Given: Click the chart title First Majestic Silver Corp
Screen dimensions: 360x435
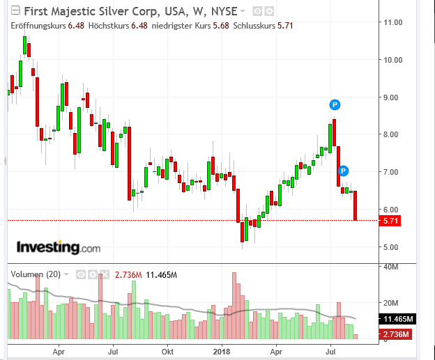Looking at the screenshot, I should (98, 11).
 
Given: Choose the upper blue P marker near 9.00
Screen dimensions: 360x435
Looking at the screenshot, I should (335, 105).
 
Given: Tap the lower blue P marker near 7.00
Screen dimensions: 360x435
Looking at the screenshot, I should (343, 171).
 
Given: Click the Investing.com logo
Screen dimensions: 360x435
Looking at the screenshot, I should (59, 247).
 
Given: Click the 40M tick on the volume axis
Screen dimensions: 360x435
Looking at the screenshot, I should (390, 267).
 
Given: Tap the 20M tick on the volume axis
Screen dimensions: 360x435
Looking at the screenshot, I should (390, 303).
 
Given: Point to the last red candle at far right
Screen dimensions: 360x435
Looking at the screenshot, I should (355, 206).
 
